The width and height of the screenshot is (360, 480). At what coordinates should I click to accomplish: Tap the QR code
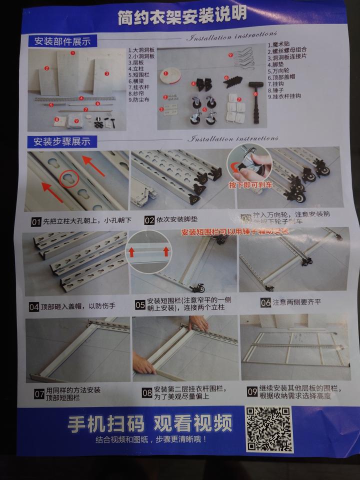268,428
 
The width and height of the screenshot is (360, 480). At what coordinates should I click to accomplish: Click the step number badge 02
149,219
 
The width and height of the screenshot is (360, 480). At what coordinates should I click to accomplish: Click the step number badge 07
39,394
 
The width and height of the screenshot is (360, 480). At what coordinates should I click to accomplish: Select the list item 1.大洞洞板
141,50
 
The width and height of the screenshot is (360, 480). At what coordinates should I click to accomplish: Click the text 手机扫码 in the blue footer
106,424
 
